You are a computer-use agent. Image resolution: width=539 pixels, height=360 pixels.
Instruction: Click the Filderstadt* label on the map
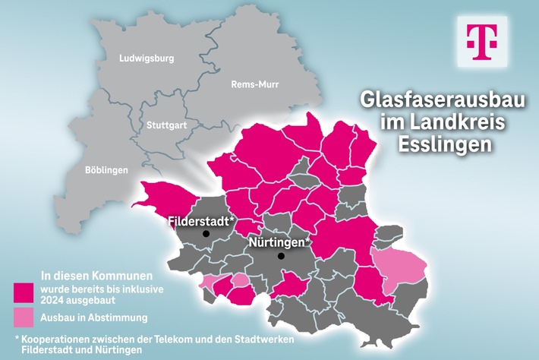tap(200, 222)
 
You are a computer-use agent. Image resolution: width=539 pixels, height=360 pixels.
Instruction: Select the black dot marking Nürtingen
tap(281, 256)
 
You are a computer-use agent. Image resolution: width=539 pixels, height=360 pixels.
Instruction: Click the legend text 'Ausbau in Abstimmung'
tap(93, 317)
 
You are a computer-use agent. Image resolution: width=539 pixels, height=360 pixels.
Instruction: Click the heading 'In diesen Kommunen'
tap(96, 274)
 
